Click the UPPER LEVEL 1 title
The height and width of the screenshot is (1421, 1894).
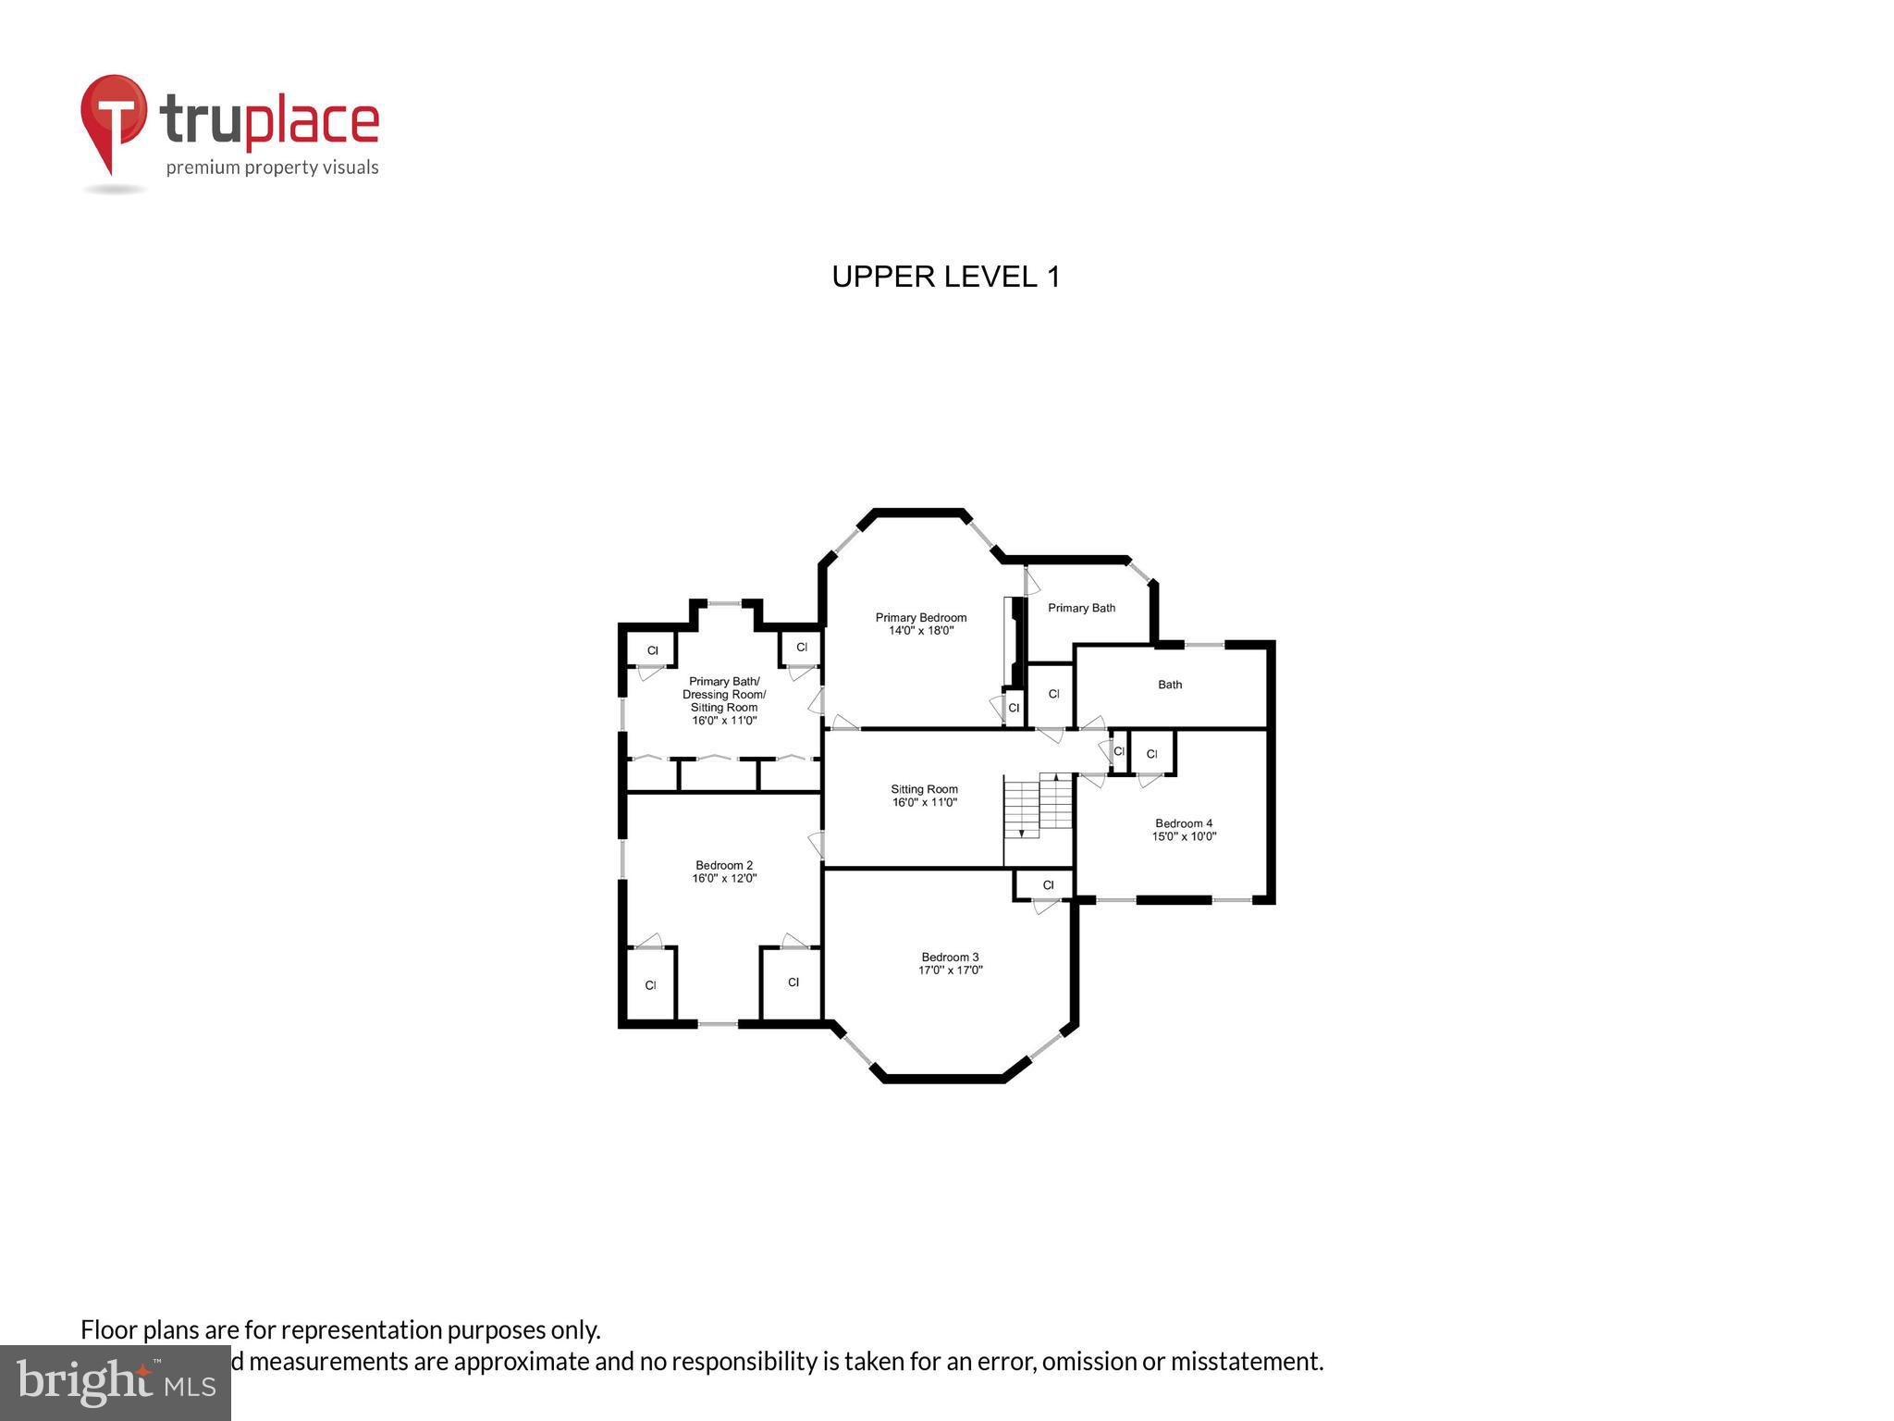945,277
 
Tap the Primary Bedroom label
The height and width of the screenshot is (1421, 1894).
921,618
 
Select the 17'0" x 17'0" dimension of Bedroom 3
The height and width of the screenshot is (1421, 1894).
950,970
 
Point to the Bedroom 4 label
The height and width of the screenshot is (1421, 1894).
1183,823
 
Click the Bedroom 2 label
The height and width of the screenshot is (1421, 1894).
724,866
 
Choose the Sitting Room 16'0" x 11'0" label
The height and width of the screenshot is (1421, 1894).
924,796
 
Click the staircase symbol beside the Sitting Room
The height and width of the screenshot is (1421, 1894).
1038,805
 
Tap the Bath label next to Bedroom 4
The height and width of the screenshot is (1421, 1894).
1170,685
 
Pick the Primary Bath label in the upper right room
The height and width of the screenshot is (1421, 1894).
1081,608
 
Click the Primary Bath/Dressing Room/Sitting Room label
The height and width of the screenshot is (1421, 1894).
724,700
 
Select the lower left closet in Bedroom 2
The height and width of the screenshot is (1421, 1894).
651,985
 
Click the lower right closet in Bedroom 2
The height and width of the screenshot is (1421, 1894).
793,982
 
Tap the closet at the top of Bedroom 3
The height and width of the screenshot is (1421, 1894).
1047,885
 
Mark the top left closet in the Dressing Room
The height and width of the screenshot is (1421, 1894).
652,650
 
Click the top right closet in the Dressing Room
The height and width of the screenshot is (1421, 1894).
801,648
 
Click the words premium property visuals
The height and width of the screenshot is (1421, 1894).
272,167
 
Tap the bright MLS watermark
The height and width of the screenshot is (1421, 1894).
116,1382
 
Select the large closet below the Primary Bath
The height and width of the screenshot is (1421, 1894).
1052,694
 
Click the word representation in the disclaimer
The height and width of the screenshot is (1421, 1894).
361,1330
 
